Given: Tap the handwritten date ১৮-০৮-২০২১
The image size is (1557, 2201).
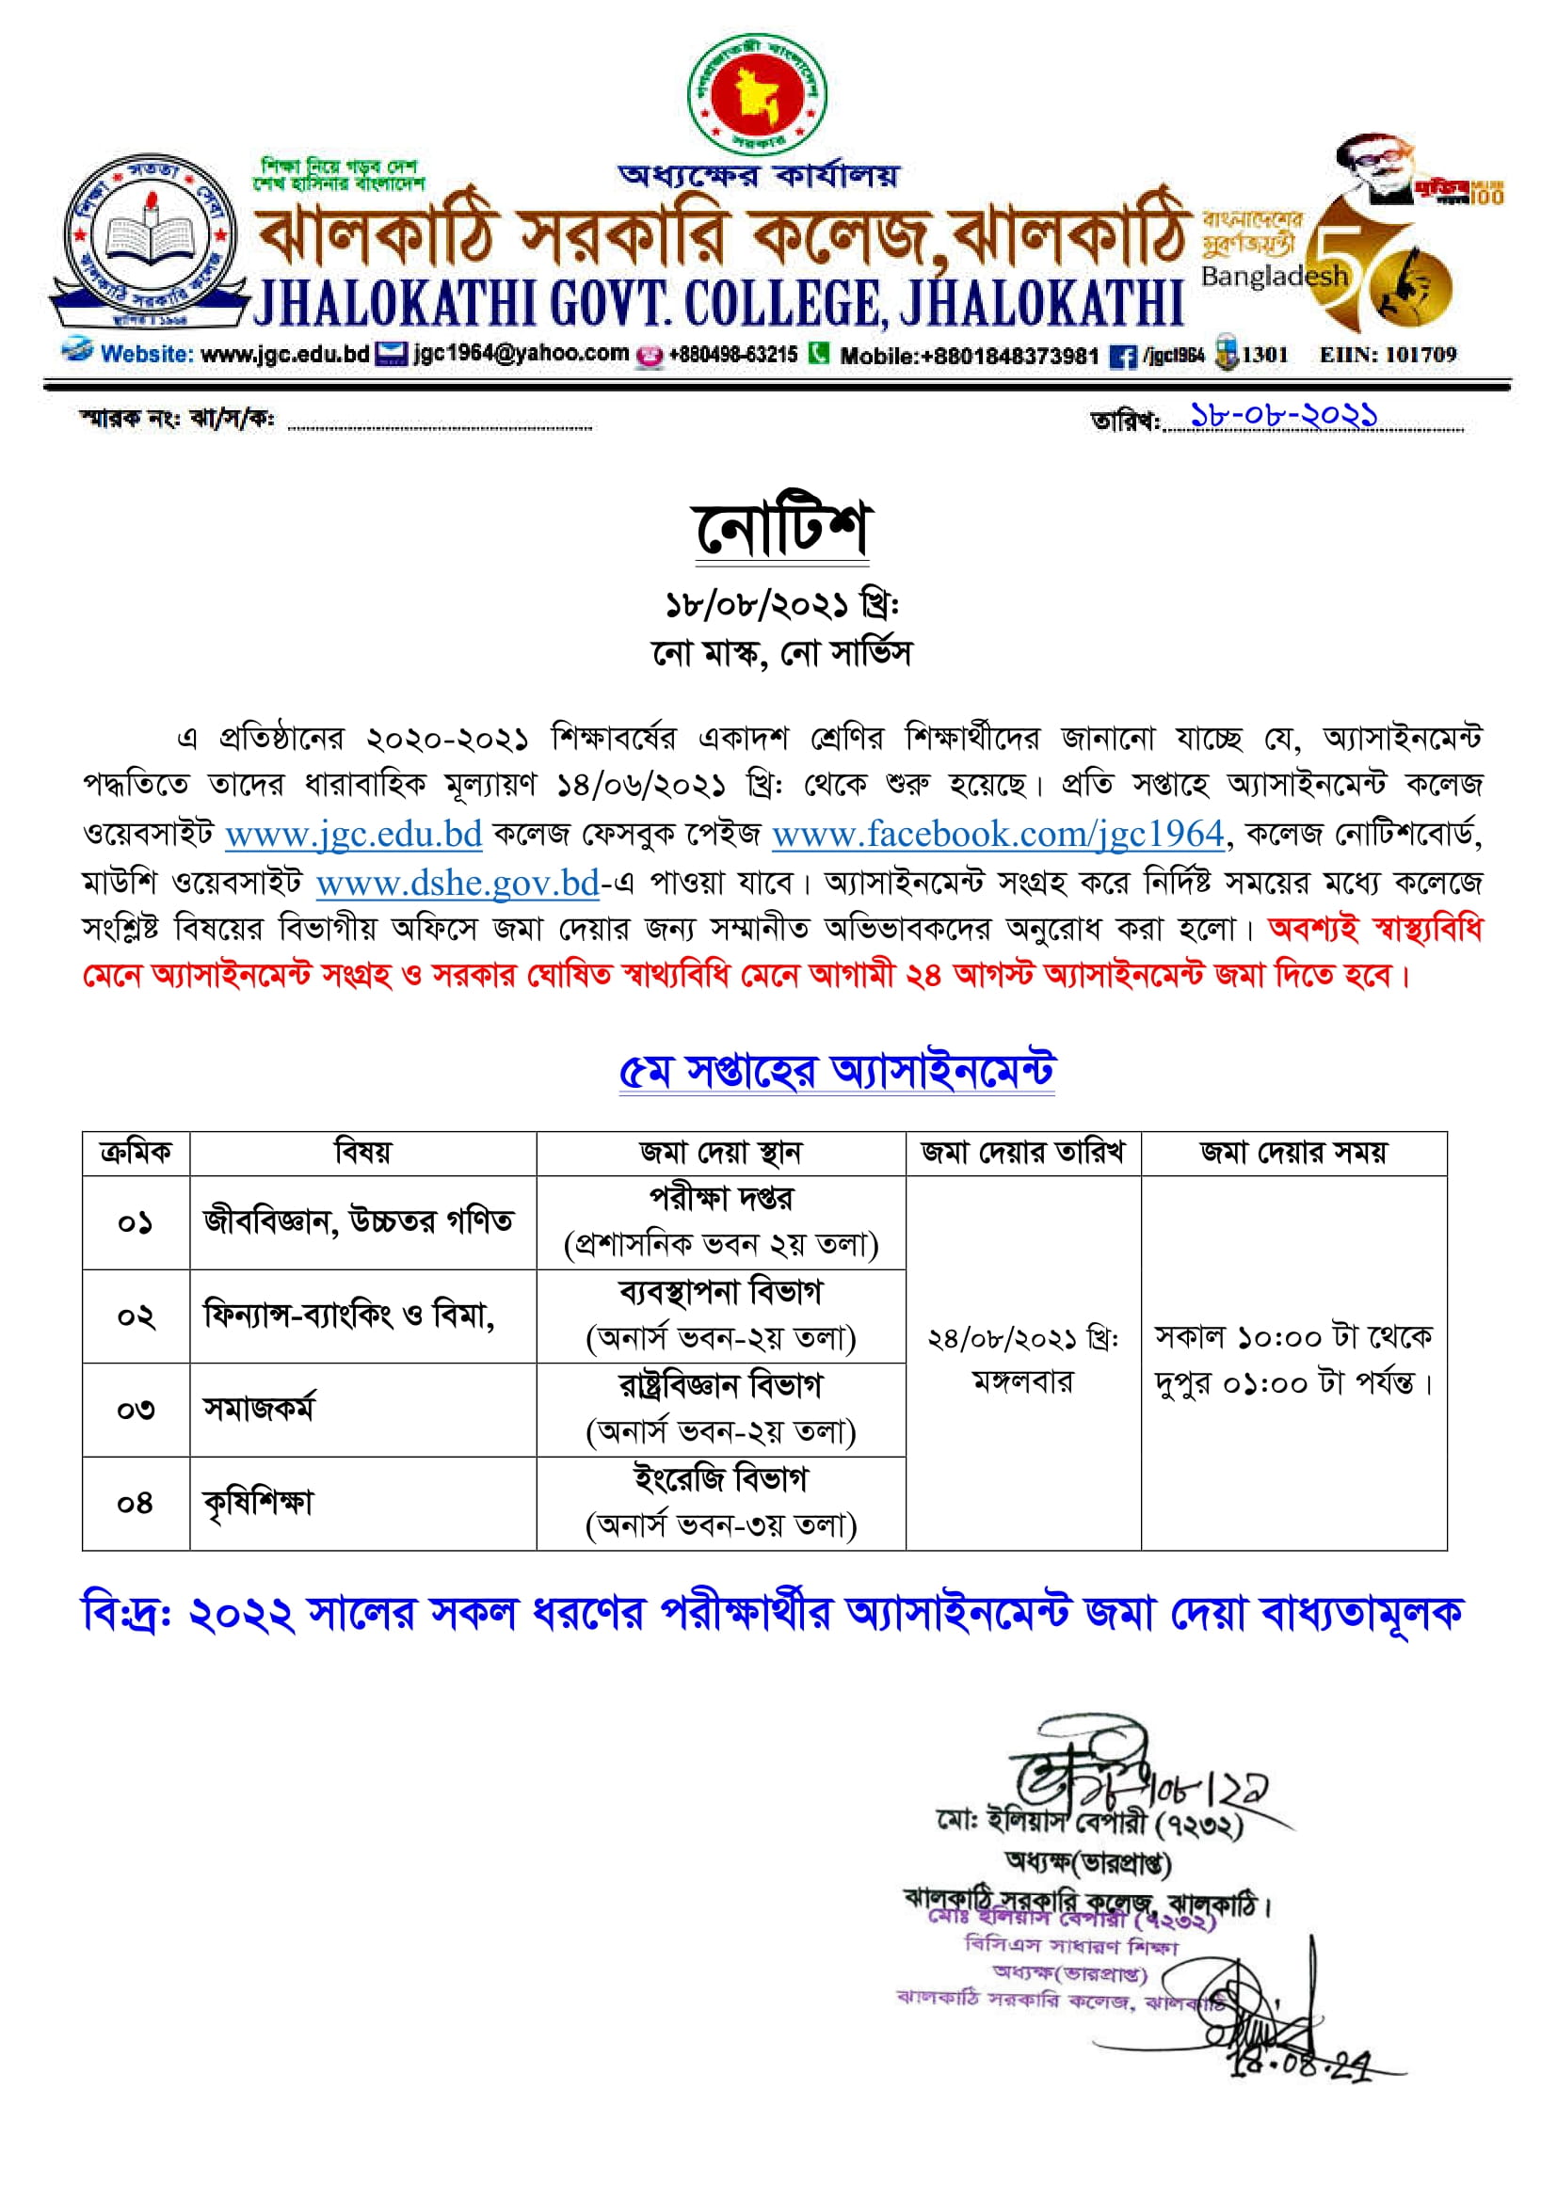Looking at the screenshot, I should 1284,415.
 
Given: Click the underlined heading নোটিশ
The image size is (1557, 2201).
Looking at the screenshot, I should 780,528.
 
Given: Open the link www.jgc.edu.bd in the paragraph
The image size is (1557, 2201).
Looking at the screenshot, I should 353,834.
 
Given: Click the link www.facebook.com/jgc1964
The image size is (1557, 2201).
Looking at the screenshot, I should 998,834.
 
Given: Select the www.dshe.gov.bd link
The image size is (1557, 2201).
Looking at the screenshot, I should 457,882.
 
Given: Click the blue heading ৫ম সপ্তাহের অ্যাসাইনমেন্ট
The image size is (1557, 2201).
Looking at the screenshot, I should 836,1071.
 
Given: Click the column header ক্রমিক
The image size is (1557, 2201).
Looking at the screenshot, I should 136,1153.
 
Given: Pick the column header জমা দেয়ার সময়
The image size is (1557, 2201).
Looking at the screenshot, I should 1293,1153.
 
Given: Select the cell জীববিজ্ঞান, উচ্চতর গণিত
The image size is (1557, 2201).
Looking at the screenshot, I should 359,1221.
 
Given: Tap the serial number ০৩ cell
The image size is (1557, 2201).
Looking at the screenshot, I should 136,1410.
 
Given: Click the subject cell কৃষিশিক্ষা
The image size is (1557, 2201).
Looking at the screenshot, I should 258,1502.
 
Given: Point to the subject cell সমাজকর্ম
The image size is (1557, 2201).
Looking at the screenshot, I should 258,1409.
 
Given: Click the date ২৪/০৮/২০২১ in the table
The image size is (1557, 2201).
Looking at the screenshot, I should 1022,1338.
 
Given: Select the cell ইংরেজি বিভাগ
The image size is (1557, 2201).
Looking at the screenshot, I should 720,1479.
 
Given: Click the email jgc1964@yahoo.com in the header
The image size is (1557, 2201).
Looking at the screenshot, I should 521,353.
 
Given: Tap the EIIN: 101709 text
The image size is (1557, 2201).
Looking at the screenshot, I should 1388,355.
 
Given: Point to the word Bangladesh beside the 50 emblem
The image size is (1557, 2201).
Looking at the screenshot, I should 1274,277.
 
